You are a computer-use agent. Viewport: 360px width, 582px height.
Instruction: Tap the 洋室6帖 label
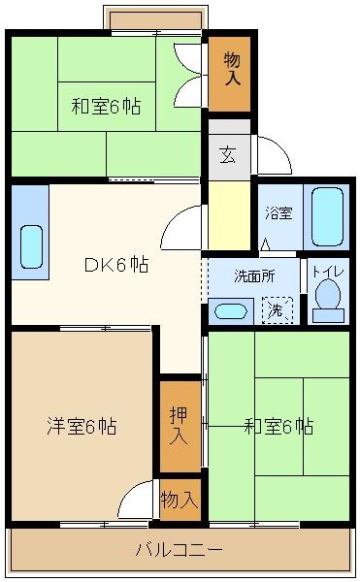(82, 425)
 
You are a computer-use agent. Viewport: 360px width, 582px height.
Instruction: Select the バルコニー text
(179, 550)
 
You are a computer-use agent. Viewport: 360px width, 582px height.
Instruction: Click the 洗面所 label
(254, 275)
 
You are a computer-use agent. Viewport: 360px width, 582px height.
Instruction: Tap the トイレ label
(327, 272)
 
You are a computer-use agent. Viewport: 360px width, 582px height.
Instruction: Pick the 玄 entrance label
(226, 152)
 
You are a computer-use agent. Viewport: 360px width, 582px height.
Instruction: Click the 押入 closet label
(180, 424)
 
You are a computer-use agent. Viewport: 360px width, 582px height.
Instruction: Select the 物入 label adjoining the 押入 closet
(180, 501)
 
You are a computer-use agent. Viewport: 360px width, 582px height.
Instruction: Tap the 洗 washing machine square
(276, 310)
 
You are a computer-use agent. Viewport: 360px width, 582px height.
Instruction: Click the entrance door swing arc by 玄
(272, 155)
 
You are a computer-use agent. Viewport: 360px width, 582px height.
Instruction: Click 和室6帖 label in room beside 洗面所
(278, 425)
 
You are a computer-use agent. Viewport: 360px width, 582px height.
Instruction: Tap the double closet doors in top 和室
(186, 73)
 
